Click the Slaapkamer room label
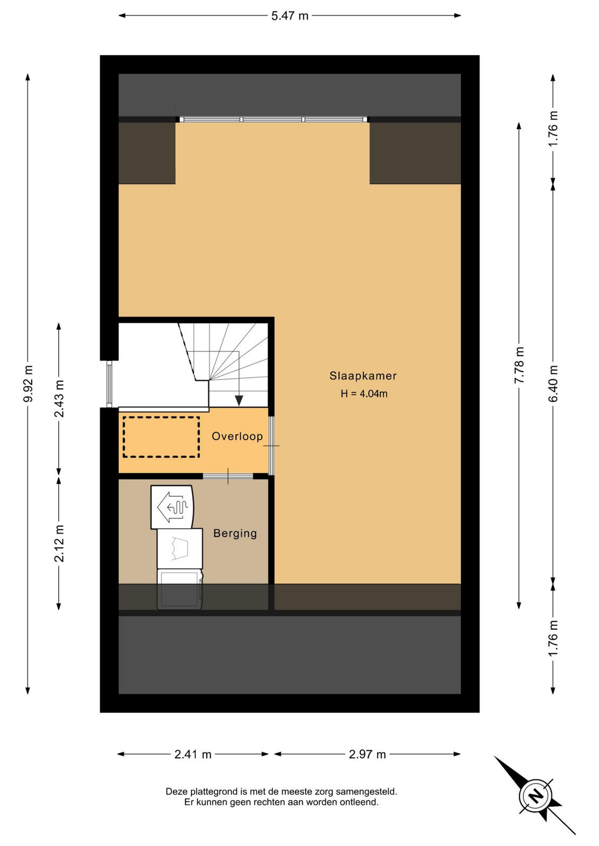pyautogui.click(x=363, y=376)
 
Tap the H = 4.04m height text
pyautogui.click(x=364, y=394)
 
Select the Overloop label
pyautogui.click(x=237, y=436)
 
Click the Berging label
pyautogui.click(x=235, y=534)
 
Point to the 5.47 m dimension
pyautogui.click(x=290, y=16)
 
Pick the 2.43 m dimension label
pyautogui.click(x=59, y=399)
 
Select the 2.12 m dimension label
pyautogui.click(x=59, y=544)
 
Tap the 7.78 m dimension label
pyautogui.click(x=520, y=365)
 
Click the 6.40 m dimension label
pyautogui.click(x=553, y=383)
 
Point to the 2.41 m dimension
pyautogui.click(x=193, y=754)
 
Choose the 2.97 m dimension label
pyautogui.click(x=367, y=754)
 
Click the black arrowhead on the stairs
pyautogui.click(x=239, y=400)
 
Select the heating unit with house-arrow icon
pyautogui.click(x=173, y=507)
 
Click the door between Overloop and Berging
pyautogui.click(x=228, y=476)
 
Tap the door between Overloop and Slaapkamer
pyautogui.click(x=271, y=446)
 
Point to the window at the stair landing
pyautogui.click(x=109, y=384)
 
